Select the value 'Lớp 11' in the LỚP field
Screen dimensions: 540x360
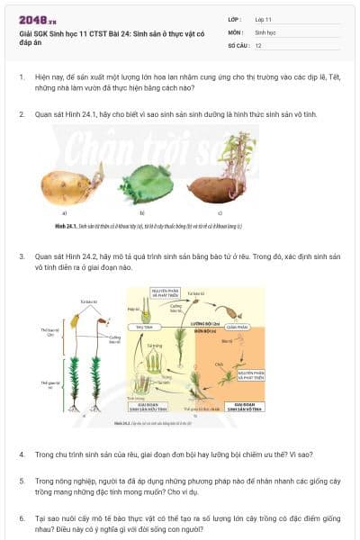click(263, 19)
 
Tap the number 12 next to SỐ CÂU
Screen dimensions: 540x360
click(258, 44)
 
